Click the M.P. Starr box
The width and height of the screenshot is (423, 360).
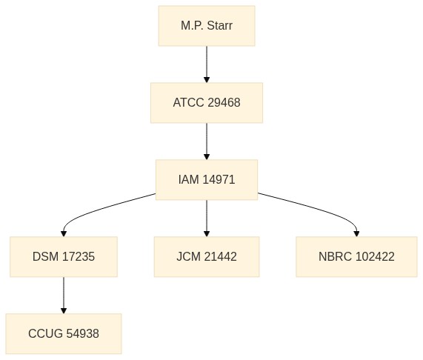207,26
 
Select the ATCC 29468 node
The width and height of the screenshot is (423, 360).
207,103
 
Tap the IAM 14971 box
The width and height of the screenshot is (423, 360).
207,180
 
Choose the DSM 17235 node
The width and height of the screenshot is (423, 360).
64,257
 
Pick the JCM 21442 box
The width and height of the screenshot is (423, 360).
207,257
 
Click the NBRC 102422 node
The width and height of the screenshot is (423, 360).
356,257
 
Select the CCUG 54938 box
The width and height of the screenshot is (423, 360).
64,333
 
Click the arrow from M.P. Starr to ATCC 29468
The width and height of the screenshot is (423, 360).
207,64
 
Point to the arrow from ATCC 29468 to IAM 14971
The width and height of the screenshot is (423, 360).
207,141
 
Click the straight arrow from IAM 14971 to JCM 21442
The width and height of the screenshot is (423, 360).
207,219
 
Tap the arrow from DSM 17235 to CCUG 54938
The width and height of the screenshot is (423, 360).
64,296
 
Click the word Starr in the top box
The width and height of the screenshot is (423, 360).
219,26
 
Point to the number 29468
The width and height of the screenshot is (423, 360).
224,103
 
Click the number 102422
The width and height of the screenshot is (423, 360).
376,257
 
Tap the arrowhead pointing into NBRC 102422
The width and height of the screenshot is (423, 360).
356,234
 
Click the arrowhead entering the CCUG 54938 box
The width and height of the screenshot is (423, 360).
64,310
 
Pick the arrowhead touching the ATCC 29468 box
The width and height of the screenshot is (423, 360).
207,80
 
